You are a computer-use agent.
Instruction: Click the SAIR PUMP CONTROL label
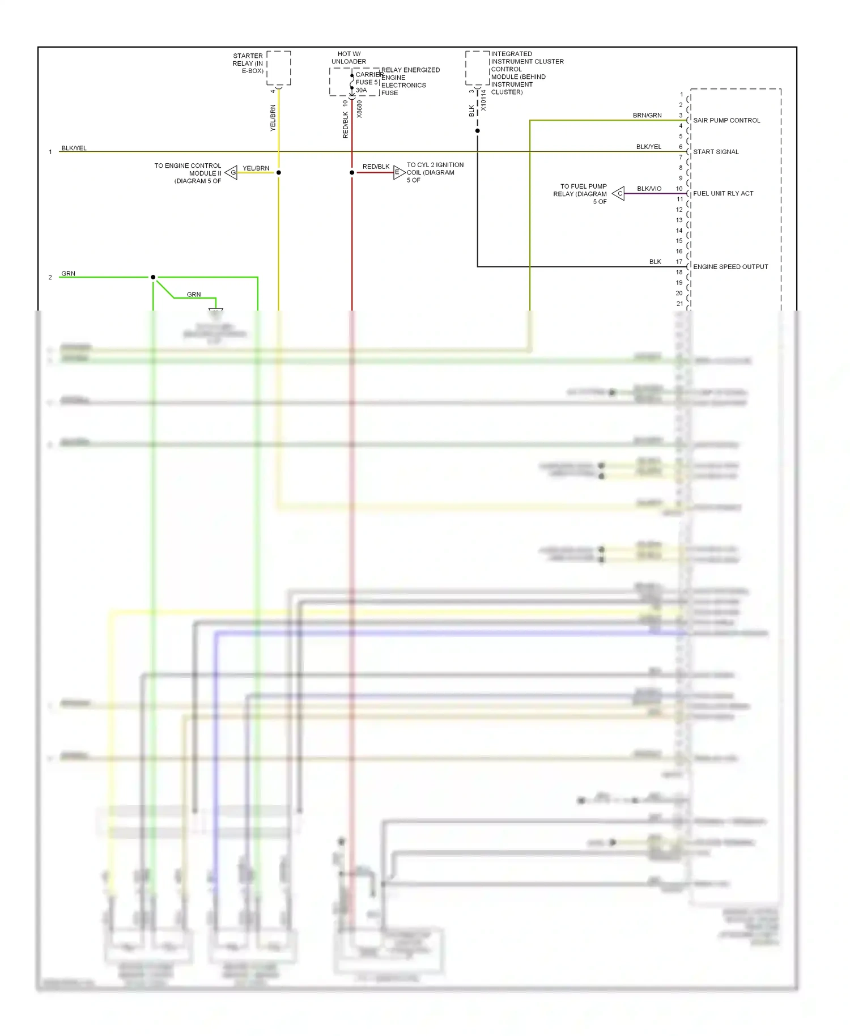click(x=726, y=121)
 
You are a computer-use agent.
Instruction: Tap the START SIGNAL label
click(x=716, y=152)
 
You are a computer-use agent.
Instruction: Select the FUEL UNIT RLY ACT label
click(x=723, y=194)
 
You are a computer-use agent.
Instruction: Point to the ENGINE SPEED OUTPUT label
click(x=730, y=267)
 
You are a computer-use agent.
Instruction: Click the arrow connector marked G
click(x=231, y=173)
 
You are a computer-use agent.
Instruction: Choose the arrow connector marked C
click(x=619, y=194)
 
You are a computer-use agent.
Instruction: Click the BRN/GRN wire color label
click(x=647, y=116)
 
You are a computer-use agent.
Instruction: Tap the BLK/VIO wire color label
click(x=649, y=189)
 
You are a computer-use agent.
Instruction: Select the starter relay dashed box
click(x=279, y=68)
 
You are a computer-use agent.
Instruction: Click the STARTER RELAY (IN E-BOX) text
click(x=248, y=63)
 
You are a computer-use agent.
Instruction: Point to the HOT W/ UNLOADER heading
click(x=348, y=58)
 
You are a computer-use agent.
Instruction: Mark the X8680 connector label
click(x=359, y=109)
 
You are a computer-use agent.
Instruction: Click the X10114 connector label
click(x=483, y=100)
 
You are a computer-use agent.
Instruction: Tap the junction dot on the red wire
click(x=352, y=173)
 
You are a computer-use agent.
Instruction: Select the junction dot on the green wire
click(x=153, y=277)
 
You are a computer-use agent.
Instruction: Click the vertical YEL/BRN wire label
click(x=273, y=118)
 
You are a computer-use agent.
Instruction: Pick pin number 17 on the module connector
click(x=679, y=262)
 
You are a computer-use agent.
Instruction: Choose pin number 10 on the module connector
click(x=679, y=189)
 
